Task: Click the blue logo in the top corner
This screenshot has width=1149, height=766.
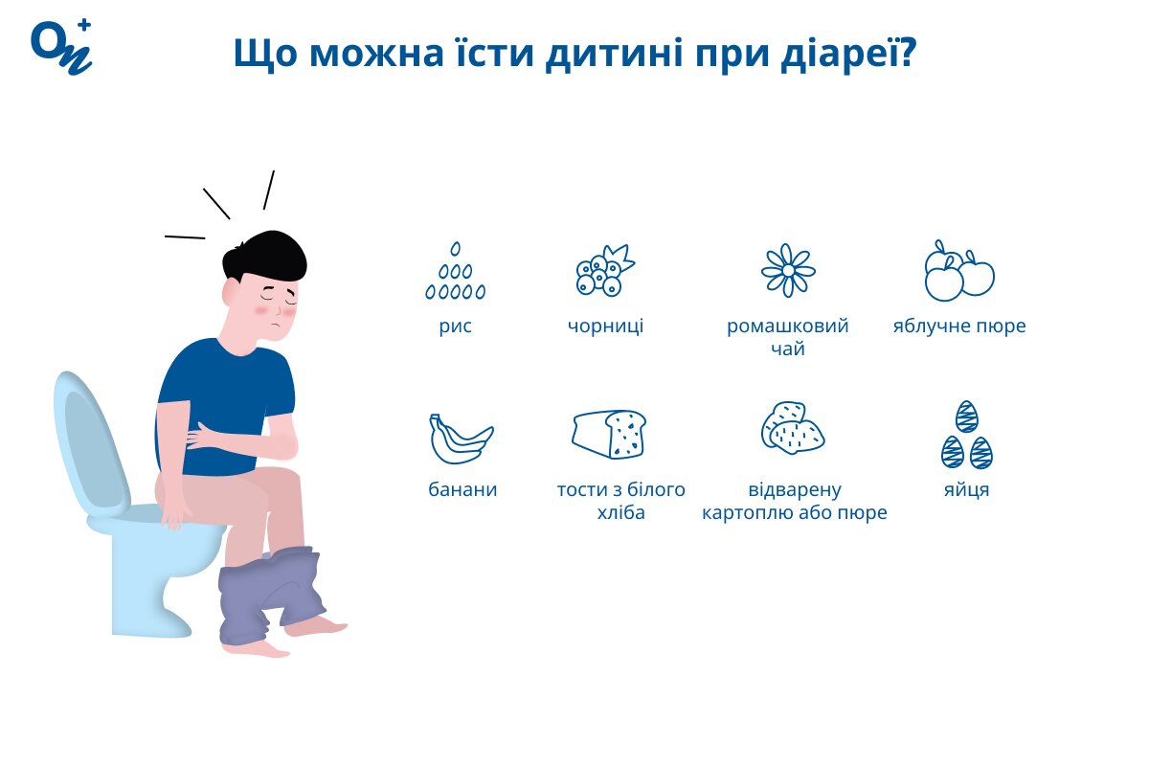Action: click(x=61, y=47)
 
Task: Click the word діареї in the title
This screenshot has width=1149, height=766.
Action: click(x=848, y=53)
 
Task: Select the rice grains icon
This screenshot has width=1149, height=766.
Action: click(x=455, y=271)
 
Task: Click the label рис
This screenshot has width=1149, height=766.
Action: click(x=455, y=327)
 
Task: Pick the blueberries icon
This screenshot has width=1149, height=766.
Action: click(x=605, y=270)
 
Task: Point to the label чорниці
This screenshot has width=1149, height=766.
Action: click(x=605, y=327)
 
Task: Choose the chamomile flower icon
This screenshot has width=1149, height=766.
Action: click(x=788, y=270)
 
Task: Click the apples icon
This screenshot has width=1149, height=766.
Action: click(x=959, y=270)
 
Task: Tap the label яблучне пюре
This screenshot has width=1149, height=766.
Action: click(x=959, y=327)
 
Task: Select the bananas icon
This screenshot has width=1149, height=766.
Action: click(x=461, y=439)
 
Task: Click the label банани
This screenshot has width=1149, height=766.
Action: click(x=462, y=489)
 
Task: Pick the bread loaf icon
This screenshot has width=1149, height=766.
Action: click(x=609, y=434)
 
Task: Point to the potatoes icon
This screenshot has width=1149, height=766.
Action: click(x=793, y=428)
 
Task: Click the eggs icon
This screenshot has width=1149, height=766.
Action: click(x=967, y=435)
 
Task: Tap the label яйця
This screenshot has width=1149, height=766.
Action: click(x=966, y=490)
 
